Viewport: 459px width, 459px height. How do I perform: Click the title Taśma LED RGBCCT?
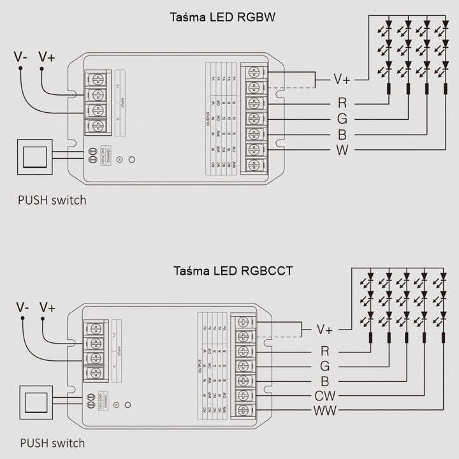coord(233,270)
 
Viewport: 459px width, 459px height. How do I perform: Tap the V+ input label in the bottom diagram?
coord(47,307)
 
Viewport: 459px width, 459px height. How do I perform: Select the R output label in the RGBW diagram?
coord(342,103)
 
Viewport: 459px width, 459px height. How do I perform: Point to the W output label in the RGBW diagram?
coord(342,150)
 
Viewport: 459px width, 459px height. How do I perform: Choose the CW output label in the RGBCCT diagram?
coord(325,396)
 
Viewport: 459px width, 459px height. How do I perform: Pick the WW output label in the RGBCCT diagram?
coord(325,411)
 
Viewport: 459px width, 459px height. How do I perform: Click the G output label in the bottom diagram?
coord(325,366)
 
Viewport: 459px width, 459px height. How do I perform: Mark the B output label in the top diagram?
coord(342,135)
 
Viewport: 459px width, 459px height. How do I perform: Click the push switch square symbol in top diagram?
coord(34,156)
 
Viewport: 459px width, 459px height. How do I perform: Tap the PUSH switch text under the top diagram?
coord(52,200)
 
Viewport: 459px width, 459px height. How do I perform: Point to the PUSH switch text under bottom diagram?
coord(52,442)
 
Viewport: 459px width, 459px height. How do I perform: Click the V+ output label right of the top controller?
coord(342,80)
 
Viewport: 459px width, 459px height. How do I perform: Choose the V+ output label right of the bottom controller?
coord(325,330)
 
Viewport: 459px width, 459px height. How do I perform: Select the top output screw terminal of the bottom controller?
coord(242,322)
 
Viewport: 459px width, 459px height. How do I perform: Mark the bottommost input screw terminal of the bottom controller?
coord(95,372)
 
